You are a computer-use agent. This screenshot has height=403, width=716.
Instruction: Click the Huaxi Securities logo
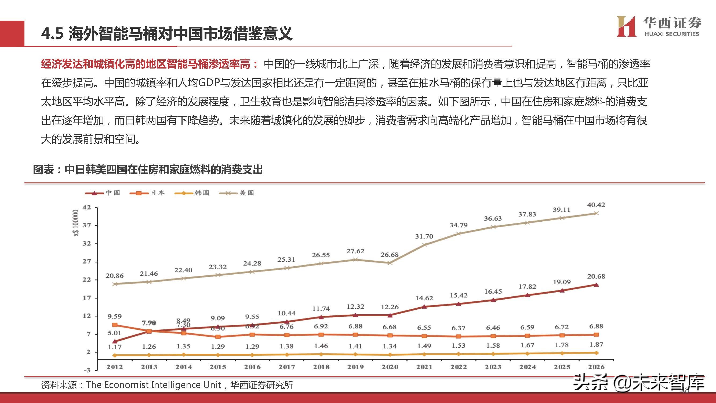pyautogui.click(x=658, y=27)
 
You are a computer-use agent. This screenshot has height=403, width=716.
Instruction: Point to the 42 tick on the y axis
pyautogui.click(x=86, y=207)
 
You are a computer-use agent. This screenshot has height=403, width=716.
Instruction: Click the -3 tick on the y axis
pyautogui.click(x=87, y=370)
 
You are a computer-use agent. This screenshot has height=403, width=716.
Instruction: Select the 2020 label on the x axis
pyautogui.click(x=390, y=367)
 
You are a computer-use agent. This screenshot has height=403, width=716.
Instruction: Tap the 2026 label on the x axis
pyautogui.click(x=596, y=367)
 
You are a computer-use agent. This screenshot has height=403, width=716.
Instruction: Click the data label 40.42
pyautogui.click(x=596, y=205)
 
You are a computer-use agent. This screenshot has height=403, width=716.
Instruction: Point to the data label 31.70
pyautogui.click(x=424, y=237)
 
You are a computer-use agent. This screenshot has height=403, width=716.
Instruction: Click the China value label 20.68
pyautogui.click(x=596, y=276)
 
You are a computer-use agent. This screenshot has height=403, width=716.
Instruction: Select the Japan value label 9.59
pyautogui.click(x=115, y=316)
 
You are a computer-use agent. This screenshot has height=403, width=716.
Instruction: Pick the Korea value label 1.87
pyautogui.click(x=596, y=345)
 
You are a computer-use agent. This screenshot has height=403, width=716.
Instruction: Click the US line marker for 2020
pyautogui.click(x=390, y=263)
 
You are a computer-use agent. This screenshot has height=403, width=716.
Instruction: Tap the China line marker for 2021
pyautogui.click(x=424, y=307)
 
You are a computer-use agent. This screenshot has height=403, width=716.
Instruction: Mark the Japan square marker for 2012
pyautogui.click(x=115, y=325)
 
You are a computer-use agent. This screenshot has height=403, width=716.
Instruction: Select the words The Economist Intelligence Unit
pyautogui.click(x=154, y=385)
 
